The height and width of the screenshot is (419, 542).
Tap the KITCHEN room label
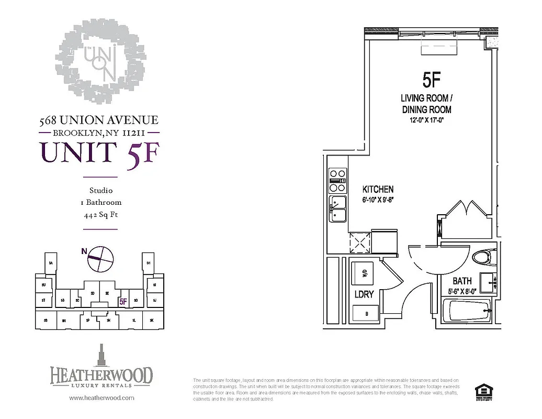[x=378, y=189]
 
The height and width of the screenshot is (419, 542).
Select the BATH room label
[x=462, y=281]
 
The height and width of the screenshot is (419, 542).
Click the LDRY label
[x=364, y=294]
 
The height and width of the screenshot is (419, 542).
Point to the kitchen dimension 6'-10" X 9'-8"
[x=378, y=200]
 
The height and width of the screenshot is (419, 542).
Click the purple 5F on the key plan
[x=123, y=301]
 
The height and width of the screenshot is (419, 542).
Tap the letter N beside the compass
[x=84, y=251]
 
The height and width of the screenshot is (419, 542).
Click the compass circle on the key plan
[x=100, y=259]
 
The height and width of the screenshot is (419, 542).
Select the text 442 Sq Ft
[x=100, y=215]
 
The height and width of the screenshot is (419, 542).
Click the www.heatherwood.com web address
[x=101, y=398]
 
